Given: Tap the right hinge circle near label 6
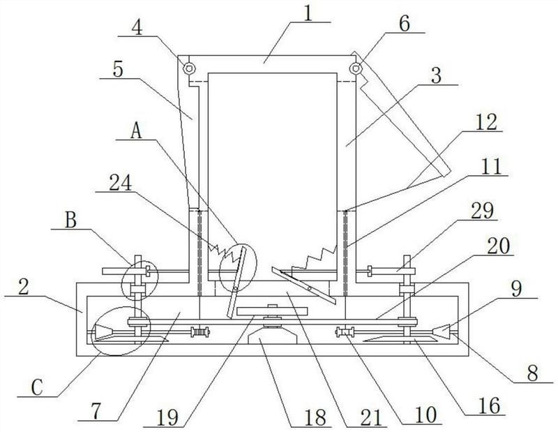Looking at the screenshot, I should click(x=355, y=68).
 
